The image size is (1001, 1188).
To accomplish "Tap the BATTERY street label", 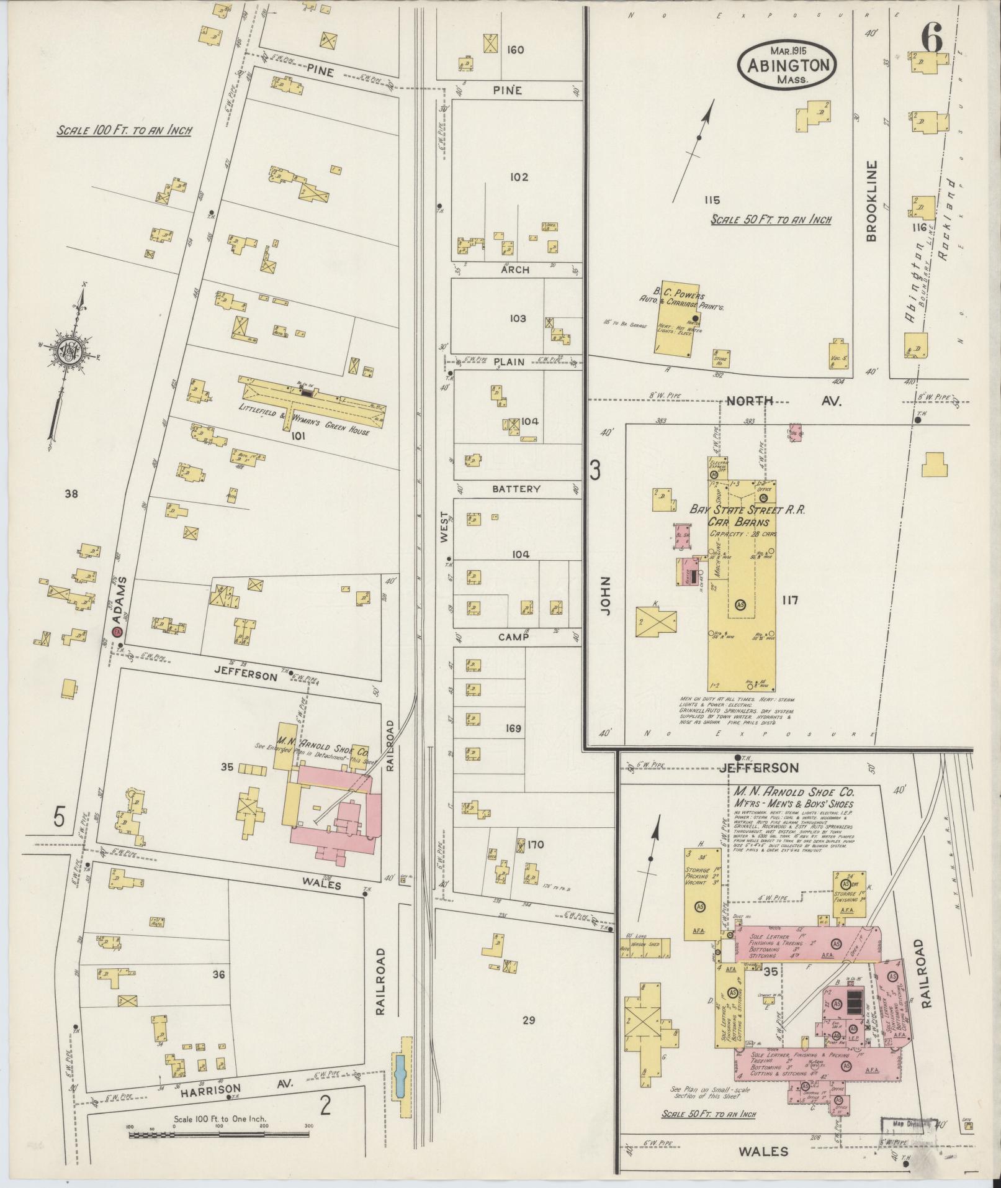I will click(x=516, y=489).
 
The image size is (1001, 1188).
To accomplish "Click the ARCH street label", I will click(x=515, y=270).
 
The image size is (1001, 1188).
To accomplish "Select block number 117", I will click(x=790, y=600).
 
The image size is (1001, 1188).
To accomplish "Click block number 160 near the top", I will click(x=515, y=50).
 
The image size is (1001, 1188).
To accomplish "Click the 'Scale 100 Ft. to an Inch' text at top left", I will click(x=124, y=131).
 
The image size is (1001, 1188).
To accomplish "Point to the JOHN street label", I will click(x=606, y=596).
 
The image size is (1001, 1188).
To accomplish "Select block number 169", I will click(x=513, y=728).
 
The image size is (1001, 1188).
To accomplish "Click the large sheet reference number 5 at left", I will click(x=59, y=817).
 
